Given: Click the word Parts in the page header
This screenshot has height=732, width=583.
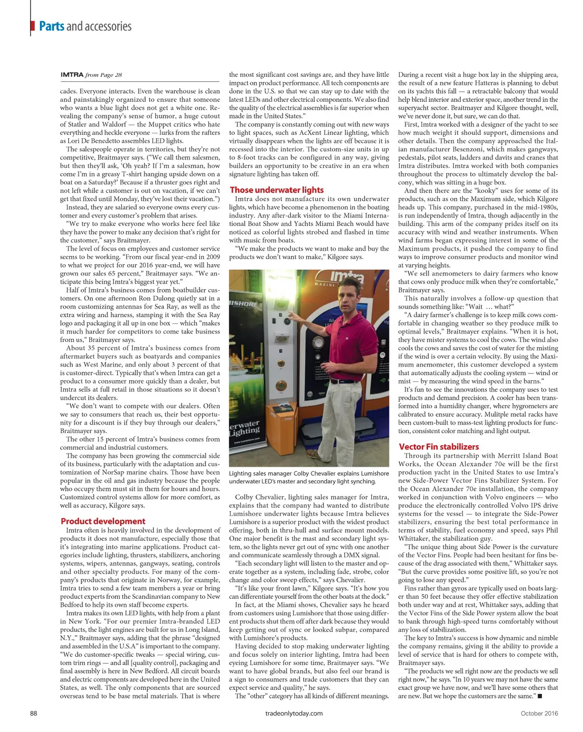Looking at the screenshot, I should point(51,26).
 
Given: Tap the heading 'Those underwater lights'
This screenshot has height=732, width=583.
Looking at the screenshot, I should point(276,190).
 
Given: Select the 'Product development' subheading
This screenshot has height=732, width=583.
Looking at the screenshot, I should point(102,521).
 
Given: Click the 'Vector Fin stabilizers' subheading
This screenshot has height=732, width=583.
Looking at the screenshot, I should point(438,447).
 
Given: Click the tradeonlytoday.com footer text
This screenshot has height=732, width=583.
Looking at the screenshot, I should point(294,713).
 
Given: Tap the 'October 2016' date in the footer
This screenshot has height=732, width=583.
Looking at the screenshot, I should point(539,713).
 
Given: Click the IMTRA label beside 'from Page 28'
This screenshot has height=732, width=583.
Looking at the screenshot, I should point(72,75).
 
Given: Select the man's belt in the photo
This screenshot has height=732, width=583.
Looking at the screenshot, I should point(344,380).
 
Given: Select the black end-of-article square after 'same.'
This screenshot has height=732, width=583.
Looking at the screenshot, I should point(539,696).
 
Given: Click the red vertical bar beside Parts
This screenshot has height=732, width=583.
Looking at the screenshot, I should point(30,26).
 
